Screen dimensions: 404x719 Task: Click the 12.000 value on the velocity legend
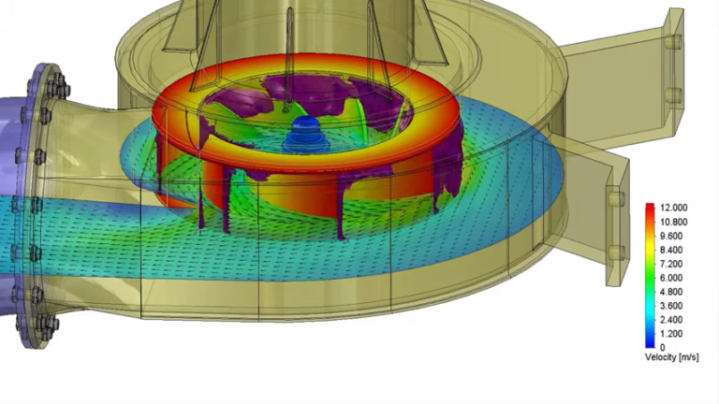point(675,208)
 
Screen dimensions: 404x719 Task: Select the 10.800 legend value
point(675,222)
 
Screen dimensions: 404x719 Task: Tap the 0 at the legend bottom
point(662,348)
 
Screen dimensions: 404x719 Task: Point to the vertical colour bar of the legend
point(650,276)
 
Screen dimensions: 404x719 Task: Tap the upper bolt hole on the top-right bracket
point(672,40)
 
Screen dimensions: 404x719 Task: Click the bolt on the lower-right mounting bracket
point(616,198)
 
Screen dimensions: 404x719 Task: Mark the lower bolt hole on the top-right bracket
point(672,94)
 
